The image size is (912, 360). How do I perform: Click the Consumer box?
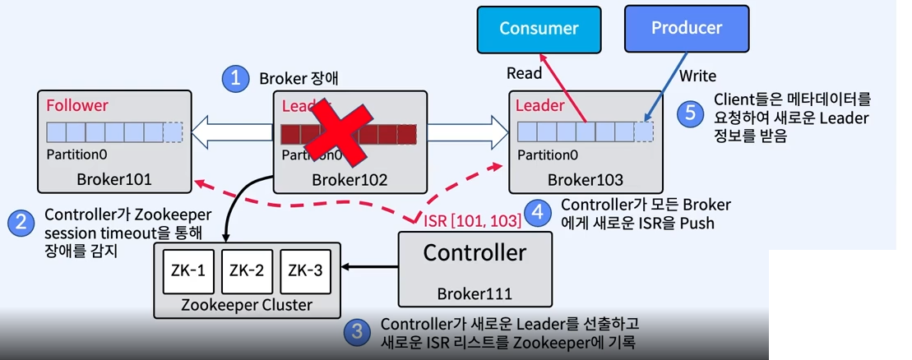539,28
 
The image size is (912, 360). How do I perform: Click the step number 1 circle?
236,79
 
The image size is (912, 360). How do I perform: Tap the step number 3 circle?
356,332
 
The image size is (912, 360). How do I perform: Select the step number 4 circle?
538,213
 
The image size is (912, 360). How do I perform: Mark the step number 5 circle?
691,113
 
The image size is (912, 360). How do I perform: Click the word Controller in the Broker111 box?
475,252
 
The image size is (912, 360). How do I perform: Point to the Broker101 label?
114,179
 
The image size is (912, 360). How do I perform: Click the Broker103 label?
586,179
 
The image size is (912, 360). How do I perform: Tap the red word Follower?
77,106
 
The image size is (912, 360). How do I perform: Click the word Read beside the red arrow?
524,73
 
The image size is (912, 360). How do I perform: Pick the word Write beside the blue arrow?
698,76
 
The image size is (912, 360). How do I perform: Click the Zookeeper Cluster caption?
248,305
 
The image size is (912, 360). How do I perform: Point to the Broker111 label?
474,293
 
